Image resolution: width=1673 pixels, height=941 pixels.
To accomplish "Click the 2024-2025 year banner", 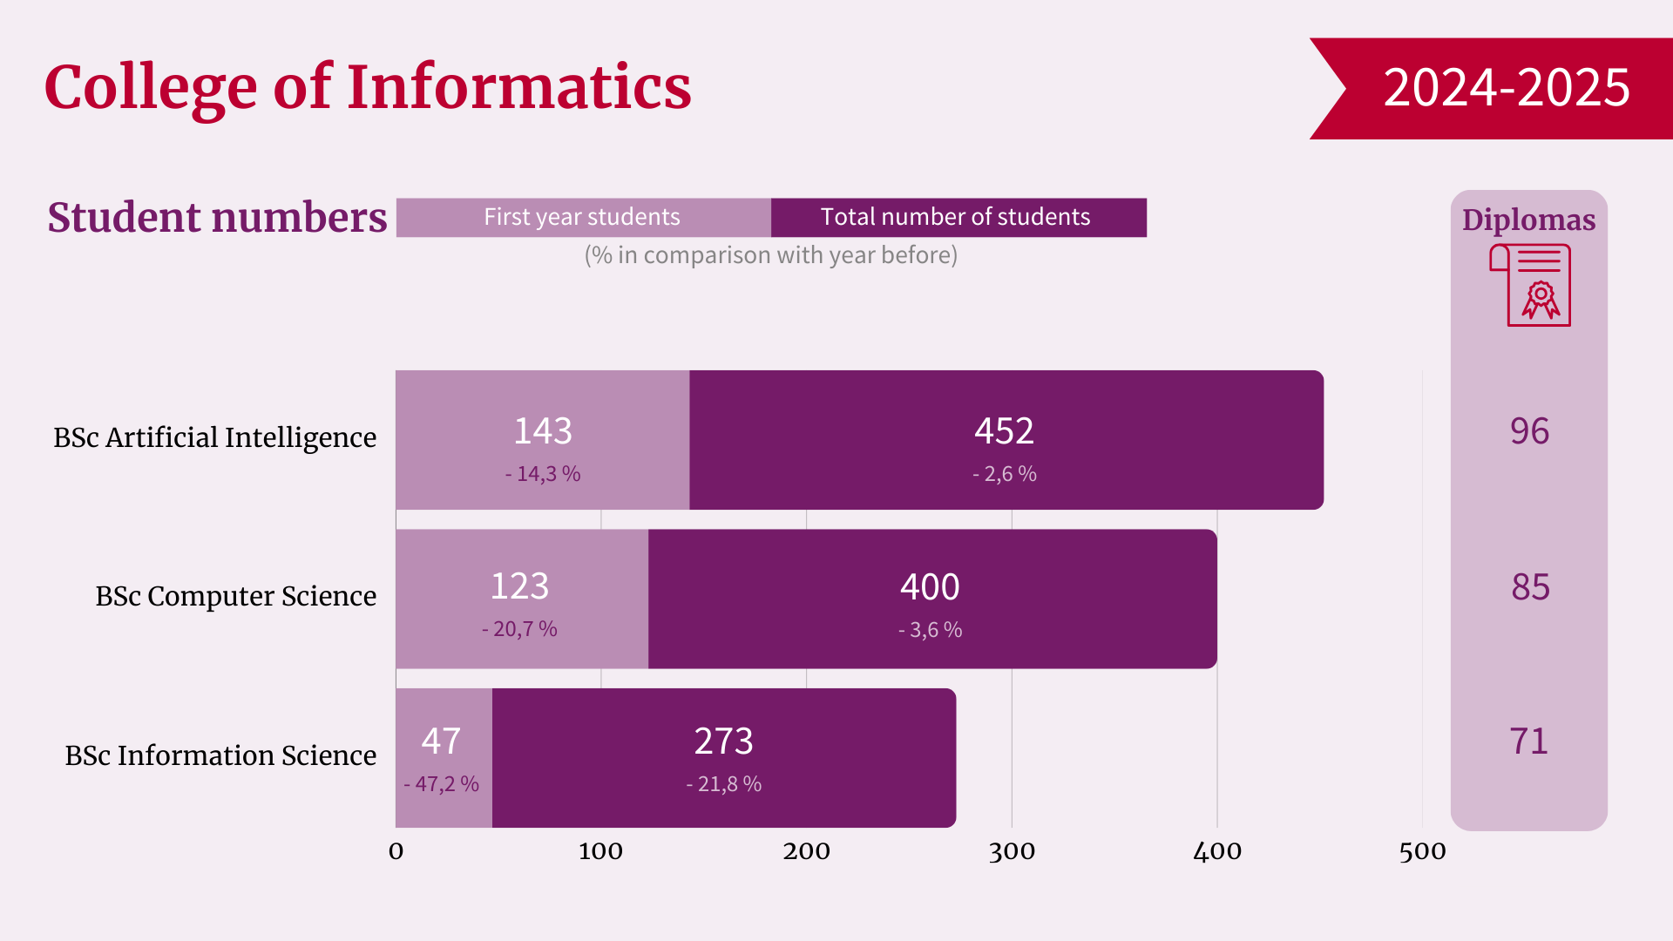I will pyautogui.click(x=1505, y=88).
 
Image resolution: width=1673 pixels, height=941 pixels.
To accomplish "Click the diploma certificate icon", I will pyautogui.click(x=1530, y=285).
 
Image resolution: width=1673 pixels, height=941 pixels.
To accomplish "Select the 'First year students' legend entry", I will pyautogui.click(x=582, y=217).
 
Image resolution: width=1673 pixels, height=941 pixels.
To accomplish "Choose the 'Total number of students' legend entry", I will pyautogui.click(x=955, y=217).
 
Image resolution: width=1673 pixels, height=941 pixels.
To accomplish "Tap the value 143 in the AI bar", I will pyautogui.click(x=543, y=431).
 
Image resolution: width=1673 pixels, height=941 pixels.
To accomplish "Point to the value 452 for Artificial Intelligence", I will pyautogui.click(x=1004, y=431).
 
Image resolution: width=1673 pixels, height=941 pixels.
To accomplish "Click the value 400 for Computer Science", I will pyautogui.click(x=930, y=587).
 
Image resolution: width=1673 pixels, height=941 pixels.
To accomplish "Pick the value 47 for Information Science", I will pyautogui.click(x=441, y=741).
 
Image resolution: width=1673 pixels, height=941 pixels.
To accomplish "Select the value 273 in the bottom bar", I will pyautogui.click(x=723, y=741).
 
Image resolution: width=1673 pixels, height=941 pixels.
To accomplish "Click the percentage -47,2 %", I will pyautogui.click(x=441, y=784).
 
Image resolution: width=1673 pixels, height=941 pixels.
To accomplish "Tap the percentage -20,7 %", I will pyautogui.click(x=519, y=629).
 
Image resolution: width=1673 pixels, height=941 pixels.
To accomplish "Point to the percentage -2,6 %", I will pyautogui.click(x=1004, y=474).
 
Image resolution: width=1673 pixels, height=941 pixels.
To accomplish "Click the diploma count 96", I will pyautogui.click(x=1529, y=431).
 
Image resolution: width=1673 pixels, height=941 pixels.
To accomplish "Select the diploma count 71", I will pyautogui.click(x=1529, y=741).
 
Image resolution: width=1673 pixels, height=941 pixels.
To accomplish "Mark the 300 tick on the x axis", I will pyautogui.click(x=1012, y=851).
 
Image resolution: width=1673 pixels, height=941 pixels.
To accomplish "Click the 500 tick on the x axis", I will pyautogui.click(x=1422, y=851).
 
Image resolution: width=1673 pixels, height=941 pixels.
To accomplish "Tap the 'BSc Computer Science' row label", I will pyautogui.click(x=235, y=596).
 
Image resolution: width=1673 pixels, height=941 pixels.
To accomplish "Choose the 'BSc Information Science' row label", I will pyautogui.click(x=220, y=755).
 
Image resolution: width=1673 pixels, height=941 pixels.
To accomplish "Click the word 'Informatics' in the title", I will pyautogui.click(x=519, y=87).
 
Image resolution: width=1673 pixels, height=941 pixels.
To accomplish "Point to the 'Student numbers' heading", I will pyautogui.click(x=217, y=217).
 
